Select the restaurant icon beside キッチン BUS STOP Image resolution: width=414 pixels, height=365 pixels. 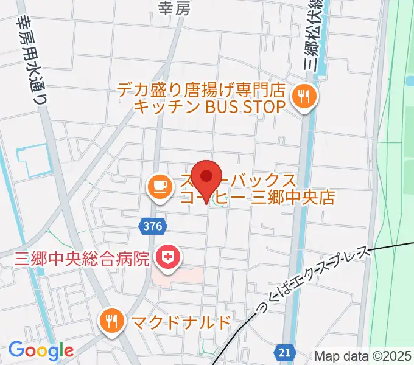pyautogui.click(x=302, y=96)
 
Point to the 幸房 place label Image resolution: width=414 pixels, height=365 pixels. pyautogui.click(x=170, y=7)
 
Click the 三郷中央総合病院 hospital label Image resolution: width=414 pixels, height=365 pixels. pyautogui.click(x=81, y=259)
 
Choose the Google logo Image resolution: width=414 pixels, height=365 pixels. pyautogui.click(x=41, y=350)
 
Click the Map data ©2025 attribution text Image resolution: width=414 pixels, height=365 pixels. pyautogui.click(x=363, y=356)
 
